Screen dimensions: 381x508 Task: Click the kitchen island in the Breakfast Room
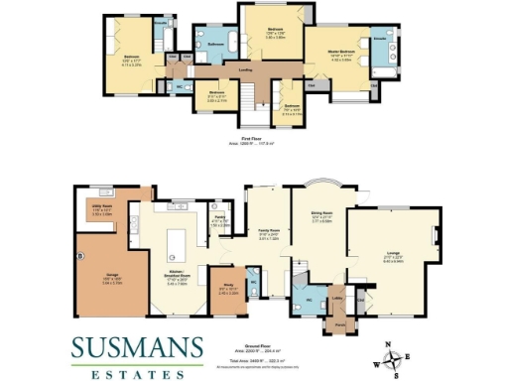pyautogui.click(x=180, y=240)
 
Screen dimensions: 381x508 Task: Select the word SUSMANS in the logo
pyautogui.click(x=137, y=347)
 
